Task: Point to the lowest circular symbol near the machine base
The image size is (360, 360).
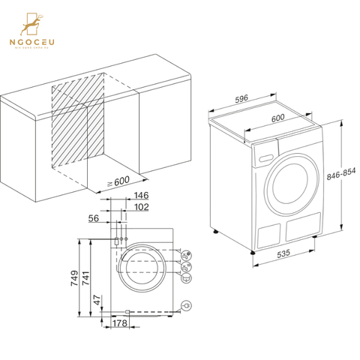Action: point(186,304)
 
